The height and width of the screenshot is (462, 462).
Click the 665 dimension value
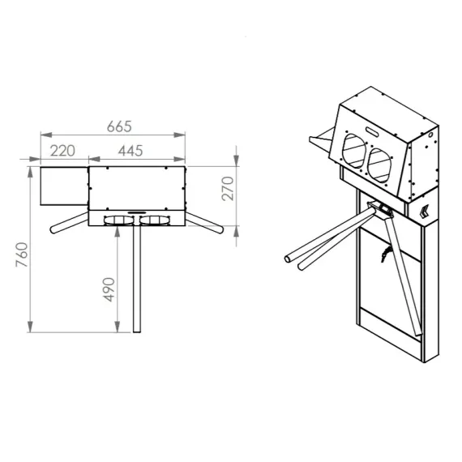pyautogui.click(x=119, y=126)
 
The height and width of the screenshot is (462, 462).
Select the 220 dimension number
pyautogui.click(x=62, y=151)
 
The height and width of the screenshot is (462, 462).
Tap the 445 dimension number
pyautogui.click(x=130, y=151)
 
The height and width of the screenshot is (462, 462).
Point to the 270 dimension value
pyautogui.click(x=228, y=189)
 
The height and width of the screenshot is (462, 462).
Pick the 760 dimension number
pyautogui.click(x=22, y=255)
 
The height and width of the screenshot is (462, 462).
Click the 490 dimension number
pyautogui.click(x=109, y=289)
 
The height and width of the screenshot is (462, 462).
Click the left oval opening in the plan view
pyautogui.click(x=118, y=220)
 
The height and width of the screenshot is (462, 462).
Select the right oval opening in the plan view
pyautogui.click(x=155, y=220)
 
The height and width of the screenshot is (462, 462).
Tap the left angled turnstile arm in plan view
pyautogui.click(x=69, y=222)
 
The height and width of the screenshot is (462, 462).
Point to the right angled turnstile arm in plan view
pyautogui.click(x=204, y=222)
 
